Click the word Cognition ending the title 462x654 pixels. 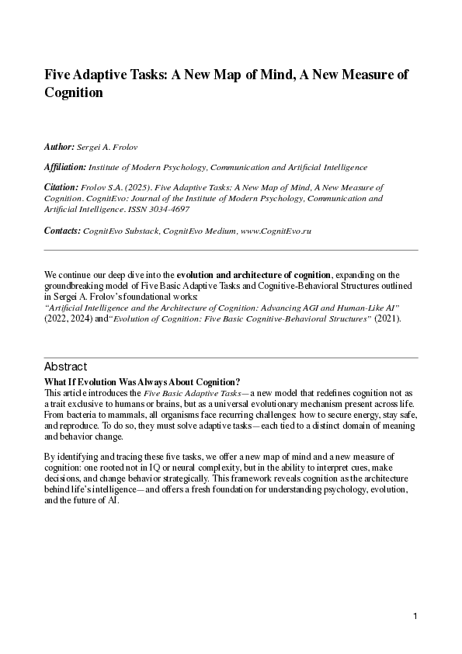[74, 93]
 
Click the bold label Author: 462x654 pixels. [59, 146]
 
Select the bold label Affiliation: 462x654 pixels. [65, 167]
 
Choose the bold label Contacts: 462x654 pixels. [62, 231]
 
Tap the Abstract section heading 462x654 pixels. [66, 367]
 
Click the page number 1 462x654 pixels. [416, 616]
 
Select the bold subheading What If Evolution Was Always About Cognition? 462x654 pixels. [143, 381]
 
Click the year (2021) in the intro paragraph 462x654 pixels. [387, 319]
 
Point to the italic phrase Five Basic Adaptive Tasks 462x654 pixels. [191, 395]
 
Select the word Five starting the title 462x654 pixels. [59, 75]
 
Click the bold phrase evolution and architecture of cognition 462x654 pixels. [254, 275]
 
